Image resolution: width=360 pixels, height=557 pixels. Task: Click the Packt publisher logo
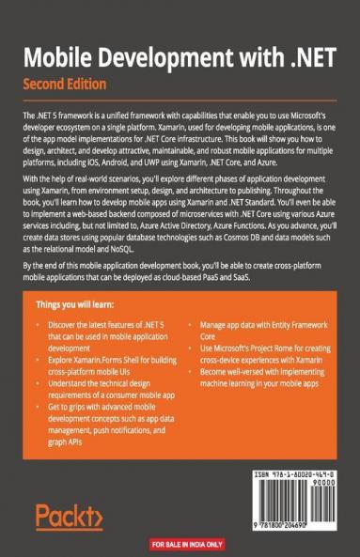point(68,516)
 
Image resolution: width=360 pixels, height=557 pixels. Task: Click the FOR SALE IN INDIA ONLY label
point(180,543)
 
